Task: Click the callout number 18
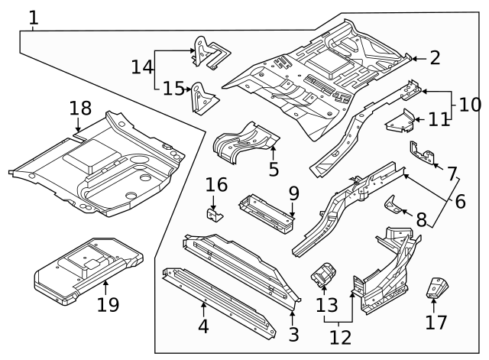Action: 79,108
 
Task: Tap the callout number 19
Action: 108,304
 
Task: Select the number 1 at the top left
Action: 34,18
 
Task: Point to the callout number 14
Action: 141,67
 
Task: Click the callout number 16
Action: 216,184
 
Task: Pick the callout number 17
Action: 436,322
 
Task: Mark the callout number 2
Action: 435,57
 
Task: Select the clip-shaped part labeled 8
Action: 393,206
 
